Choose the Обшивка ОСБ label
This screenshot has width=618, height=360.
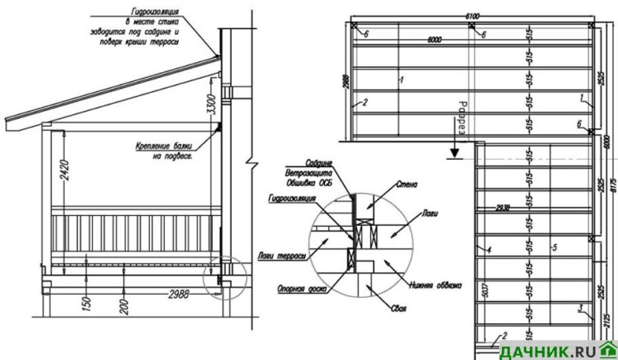[307, 176]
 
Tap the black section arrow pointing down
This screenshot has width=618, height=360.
[453, 154]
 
